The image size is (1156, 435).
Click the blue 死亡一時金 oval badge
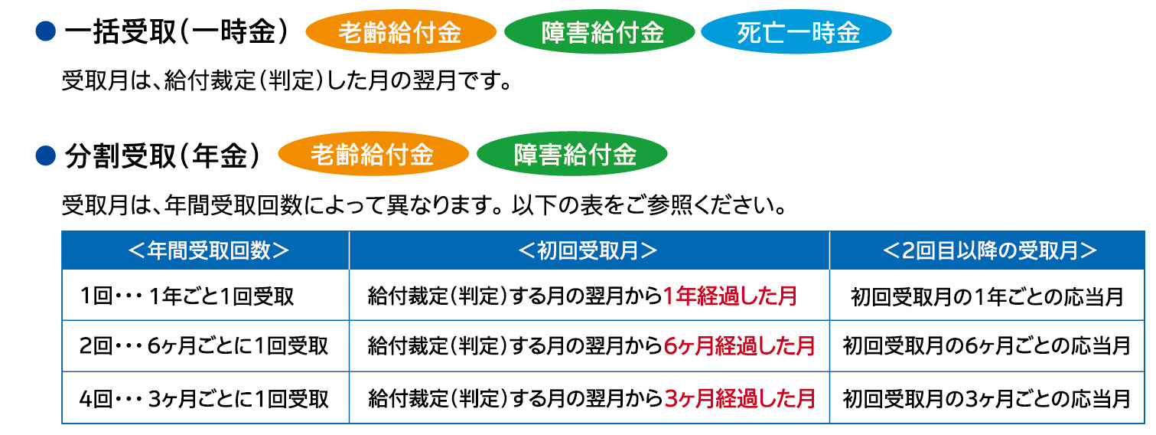(x=796, y=32)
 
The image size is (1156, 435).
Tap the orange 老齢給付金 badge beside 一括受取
(x=400, y=32)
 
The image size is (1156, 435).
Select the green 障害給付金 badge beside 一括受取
(x=599, y=32)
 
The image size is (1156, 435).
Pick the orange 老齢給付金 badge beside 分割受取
(x=373, y=154)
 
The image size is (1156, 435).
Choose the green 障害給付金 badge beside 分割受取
(x=571, y=154)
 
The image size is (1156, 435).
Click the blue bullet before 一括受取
(x=45, y=31)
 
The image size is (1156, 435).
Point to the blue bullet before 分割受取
(x=45, y=155)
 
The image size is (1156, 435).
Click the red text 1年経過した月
(x=730, y=296)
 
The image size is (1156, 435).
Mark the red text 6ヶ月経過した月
(x=739, y=346)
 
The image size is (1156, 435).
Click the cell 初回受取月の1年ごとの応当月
(x=987, y=296)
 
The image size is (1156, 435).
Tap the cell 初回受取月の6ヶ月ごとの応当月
(x=987, y=346)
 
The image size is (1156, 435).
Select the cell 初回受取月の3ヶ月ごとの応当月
(x=987, y=398)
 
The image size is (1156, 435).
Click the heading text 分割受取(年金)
(x=162, y=155)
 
